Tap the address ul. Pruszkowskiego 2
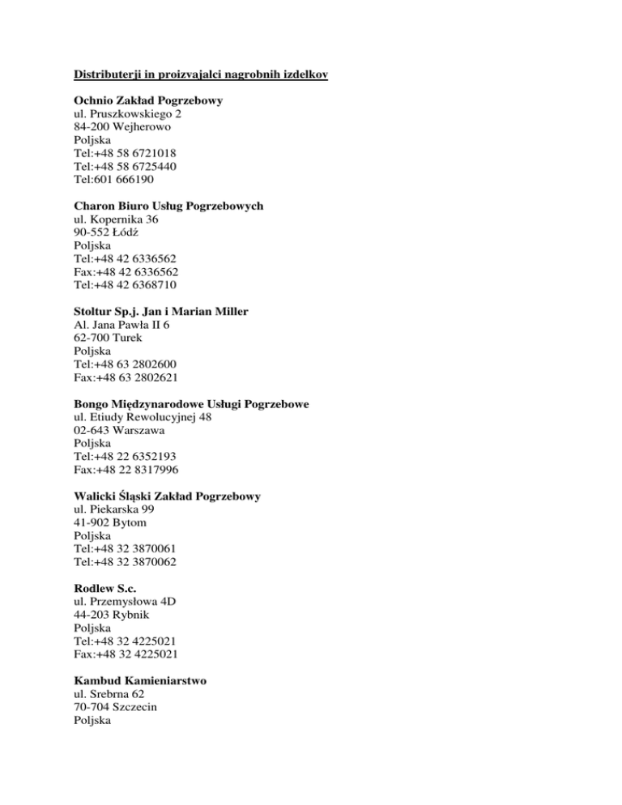pos(126,114)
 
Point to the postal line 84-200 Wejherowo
pos(121,127)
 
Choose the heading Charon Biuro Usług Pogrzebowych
pos(168,207)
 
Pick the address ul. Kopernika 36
pos(115,219)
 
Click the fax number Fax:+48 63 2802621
pos(126,377)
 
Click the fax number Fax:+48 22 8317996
pos(126,469)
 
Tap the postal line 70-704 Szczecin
pos(114,707)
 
